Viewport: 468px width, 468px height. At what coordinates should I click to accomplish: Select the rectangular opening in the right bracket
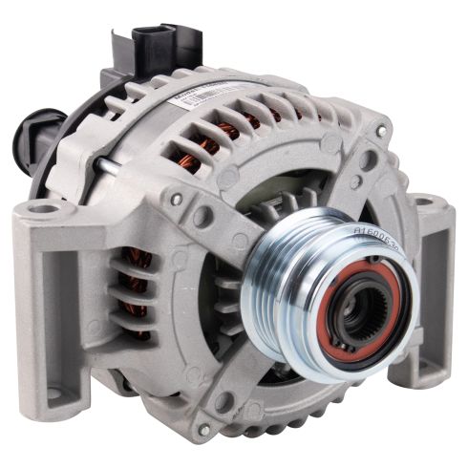(x=435, y=287)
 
